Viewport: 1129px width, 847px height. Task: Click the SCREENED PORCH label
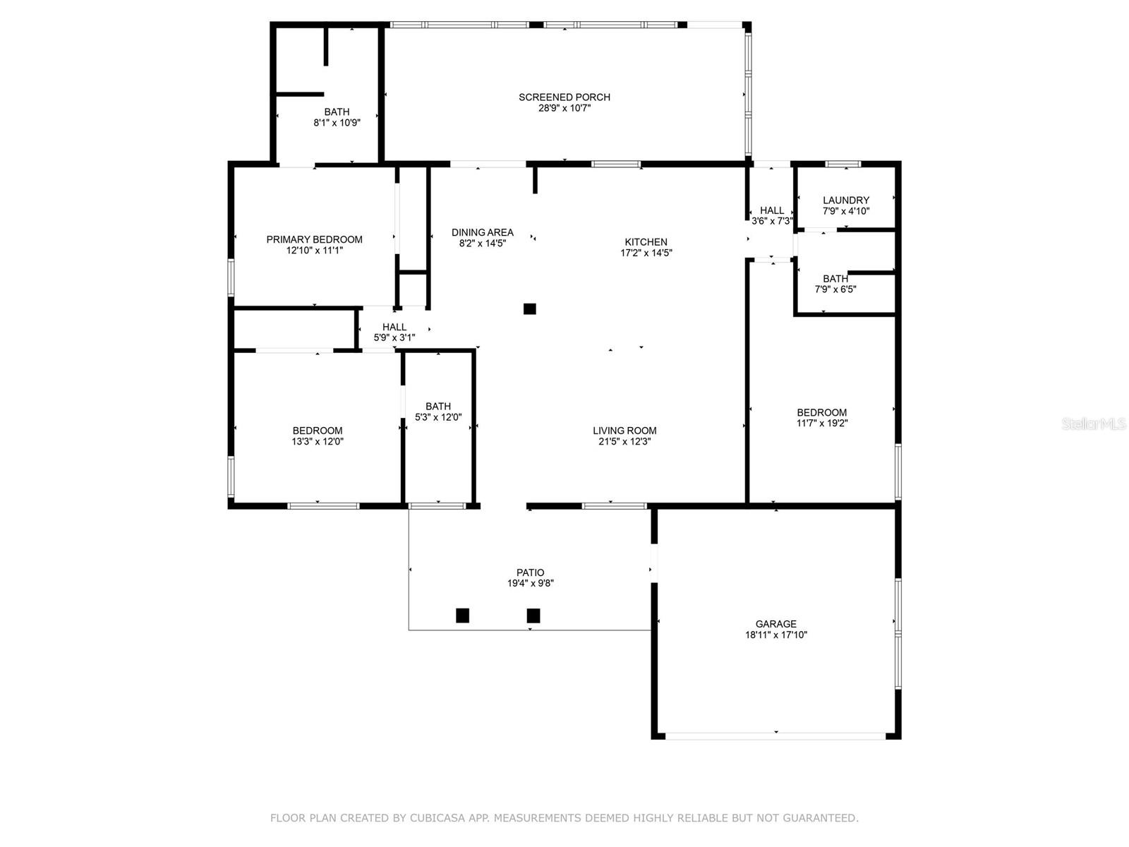pyautogui.click(x=564, y=97)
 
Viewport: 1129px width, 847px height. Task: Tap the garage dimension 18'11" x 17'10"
pyautogui.click(x=776, y=635)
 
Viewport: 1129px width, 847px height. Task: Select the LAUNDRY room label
pyautogui.click(x=845, y=200)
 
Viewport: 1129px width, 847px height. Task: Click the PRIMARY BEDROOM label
pyautogui.click(x=314, y=239)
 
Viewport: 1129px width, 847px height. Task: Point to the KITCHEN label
pyautogui.click(x=646, y=242)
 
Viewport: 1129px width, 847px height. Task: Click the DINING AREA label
pyautogui.click(x=483, y=232)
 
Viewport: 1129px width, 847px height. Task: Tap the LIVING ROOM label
pyautogui.click(x=624, y=431)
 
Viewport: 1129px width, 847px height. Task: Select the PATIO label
pyautogui.click(x=530, y=572)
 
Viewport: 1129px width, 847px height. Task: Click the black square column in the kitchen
pyautogui.click(x=530, y=308)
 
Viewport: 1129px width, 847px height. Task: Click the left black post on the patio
pyautogui.click(x=462, y=615)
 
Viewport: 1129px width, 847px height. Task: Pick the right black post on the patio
pyautogui.click(x=533, y=615)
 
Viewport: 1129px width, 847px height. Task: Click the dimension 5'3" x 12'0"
pyautogui.click(x=438, y=417)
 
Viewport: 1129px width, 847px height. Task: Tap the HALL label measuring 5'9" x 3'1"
pyautogui.click(x=394, y=327)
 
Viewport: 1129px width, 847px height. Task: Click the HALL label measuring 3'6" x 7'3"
pyautogui.click(x=772, y=210)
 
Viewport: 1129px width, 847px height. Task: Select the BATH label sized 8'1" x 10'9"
pyautogui.click(x=337, y=112)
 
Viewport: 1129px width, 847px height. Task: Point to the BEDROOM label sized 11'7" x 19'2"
pyautogui.click(x=821, y=413)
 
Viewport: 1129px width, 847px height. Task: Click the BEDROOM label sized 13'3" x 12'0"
pyautogui.click(x=318, y=431)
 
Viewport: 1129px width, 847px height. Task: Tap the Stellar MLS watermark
pyautogui.click(x=1094, y=423)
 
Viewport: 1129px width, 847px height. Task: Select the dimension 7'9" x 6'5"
pyautogui.click(x=835, y=289)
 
